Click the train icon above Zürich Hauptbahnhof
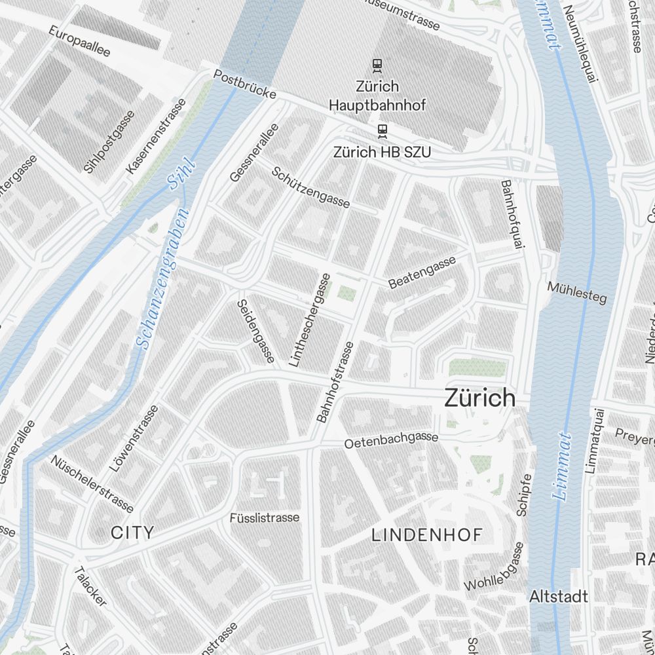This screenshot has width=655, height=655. point(377,65)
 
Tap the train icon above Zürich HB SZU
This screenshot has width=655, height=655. point(383,131)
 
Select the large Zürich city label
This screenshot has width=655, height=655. point(479,398)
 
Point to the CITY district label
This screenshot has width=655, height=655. point(132,533)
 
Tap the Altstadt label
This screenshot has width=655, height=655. point(558,597)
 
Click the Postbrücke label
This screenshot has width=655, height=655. point(244,84)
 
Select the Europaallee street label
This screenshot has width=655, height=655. point(79,41)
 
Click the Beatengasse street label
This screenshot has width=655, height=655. point(422,272)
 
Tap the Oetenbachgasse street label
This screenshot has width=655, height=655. point(391,440)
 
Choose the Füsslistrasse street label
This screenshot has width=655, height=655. point(264,517)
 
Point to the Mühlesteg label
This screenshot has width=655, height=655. point(576,292)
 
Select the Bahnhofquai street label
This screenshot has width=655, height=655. point(512,214)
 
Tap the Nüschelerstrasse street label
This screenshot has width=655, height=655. point(92,483)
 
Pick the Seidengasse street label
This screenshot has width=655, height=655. point(255,331)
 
